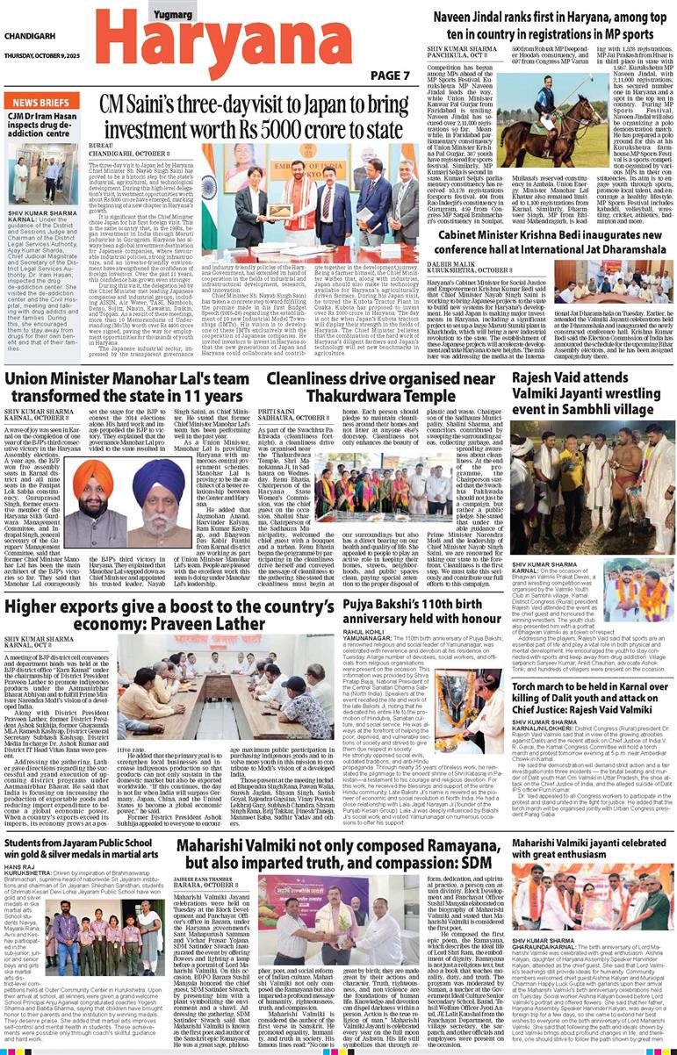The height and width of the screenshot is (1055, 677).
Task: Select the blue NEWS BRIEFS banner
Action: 43,103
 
